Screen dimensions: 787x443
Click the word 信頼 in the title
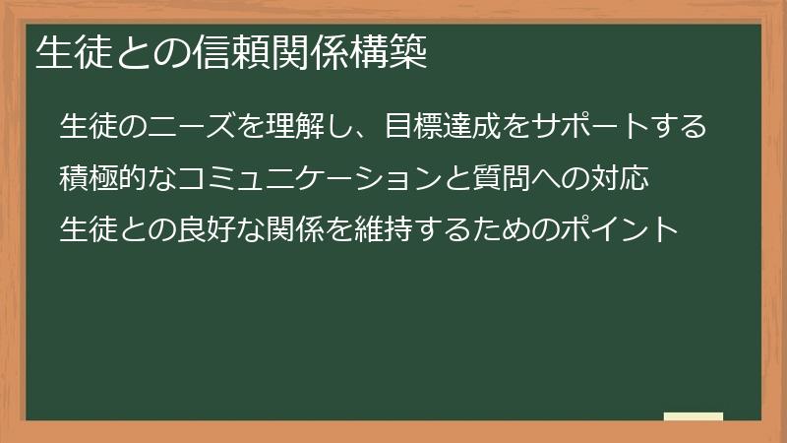pos(232,52)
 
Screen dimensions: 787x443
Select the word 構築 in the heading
pos(389,52)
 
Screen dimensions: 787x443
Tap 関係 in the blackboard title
pos(310,52)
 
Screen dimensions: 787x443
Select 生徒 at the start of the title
pos(75,52)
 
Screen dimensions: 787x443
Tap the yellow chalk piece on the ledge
pos(694,416)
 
